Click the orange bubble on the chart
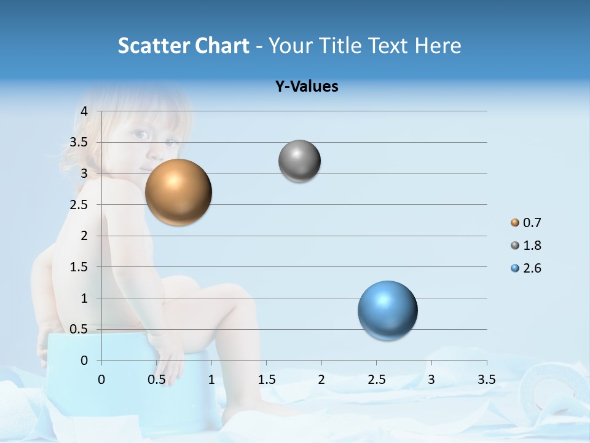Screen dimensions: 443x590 [179, 192]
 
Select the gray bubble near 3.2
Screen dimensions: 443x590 [299, 161]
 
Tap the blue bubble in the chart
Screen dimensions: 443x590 [387, 310]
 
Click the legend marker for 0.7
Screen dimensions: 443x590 [515, 223]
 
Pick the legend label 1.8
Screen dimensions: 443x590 [532, 245]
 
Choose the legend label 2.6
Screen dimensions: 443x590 [532, 268]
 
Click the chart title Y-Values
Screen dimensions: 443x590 [307, 87]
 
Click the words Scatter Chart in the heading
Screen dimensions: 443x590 [183, 46]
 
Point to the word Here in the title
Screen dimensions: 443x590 [438, 46]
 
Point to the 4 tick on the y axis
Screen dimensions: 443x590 [84, 111]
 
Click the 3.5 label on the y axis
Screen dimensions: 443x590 [79, 142]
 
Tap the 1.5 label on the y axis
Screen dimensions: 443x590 [79, 267]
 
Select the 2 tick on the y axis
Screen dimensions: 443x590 [84, 236]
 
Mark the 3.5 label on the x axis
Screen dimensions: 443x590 [486, 380]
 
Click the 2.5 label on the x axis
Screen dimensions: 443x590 [376, 380]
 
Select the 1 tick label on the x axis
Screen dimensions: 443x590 [211, 380]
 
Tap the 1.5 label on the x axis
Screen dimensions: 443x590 [266, 380]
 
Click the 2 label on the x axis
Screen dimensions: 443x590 [321, 380]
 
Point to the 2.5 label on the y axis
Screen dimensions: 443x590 [79, 204]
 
